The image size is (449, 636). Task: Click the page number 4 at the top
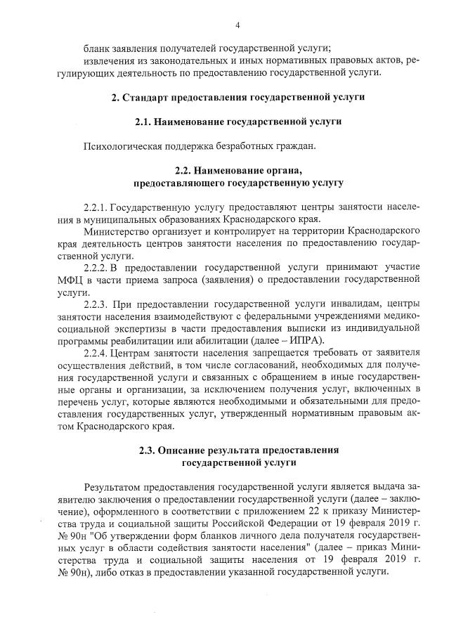(238, 26)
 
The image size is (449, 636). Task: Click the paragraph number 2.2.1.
(96, 208)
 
